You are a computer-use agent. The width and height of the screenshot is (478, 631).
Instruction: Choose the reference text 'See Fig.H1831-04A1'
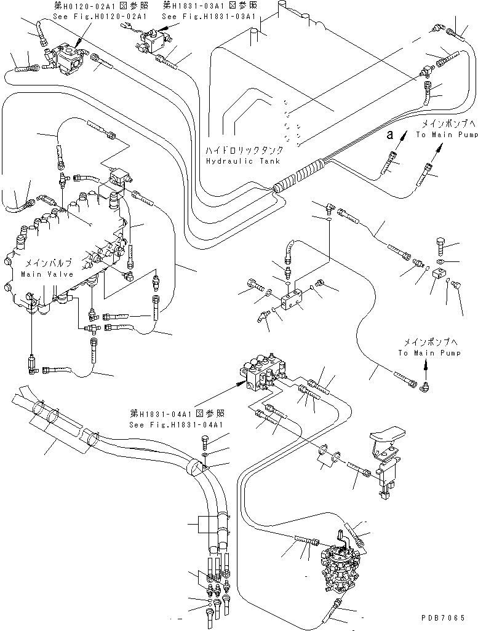pos(176,424)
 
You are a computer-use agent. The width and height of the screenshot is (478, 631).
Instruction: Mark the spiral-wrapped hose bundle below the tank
pos(301,175)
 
